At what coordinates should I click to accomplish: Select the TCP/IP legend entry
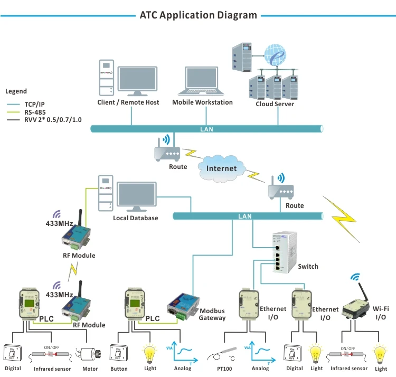click(35, 105)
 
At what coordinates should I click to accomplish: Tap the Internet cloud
click(221, 168)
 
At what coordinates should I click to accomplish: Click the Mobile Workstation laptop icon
click(202, 82)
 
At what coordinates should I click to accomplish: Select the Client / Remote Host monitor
click(137, 80)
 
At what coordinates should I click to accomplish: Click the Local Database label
click(135, 218)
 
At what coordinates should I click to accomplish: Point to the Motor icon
click(89, 353)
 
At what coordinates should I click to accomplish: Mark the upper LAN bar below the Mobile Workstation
click(206, 128)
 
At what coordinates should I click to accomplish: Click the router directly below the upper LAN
click(168, 152)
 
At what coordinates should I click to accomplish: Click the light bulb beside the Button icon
click(150, 352)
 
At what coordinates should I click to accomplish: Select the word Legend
click(16, 91)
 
